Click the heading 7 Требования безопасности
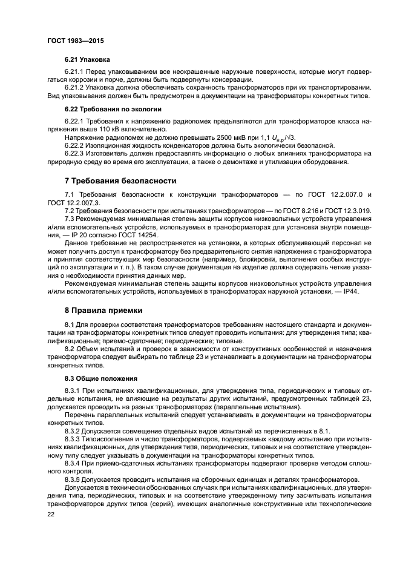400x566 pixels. click(120, 180)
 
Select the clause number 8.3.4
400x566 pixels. click(74, 462)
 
